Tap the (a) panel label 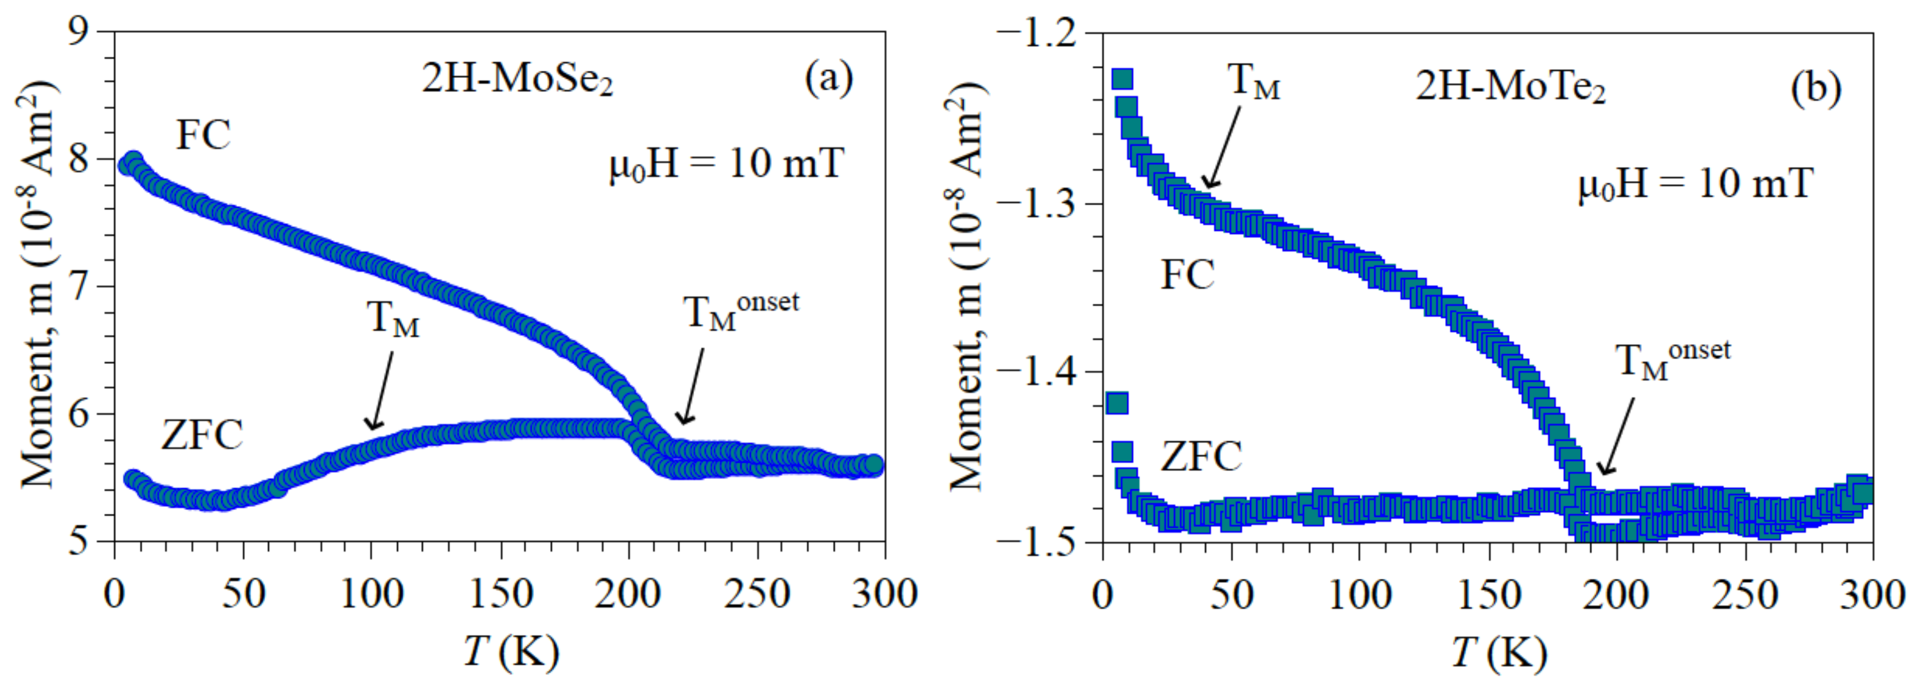(x=828, y=78)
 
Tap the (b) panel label (x=1815, y=88)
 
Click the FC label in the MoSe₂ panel (x=203, y=135)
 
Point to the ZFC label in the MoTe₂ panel (x=1201, y=456)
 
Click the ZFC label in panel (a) (x=202, y=435)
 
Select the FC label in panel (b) (x=1187, y=275)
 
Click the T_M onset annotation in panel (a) (x=740, y=311)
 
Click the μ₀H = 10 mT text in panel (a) (x=726, y=164)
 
